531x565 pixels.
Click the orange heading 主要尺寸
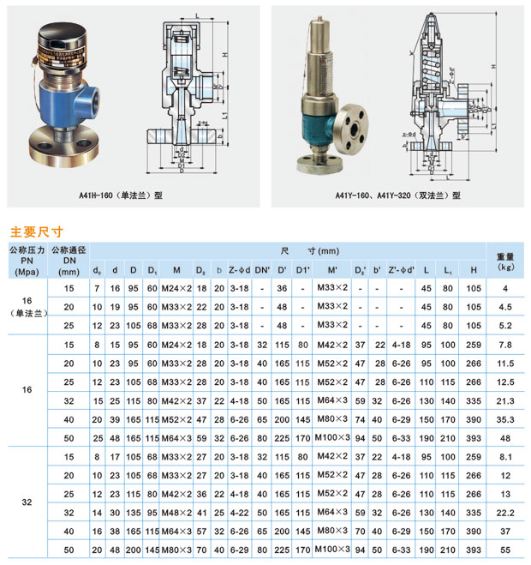pyautogui.click(x=36, y=231)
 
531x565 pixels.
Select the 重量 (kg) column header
pyautogui.click(x=505, y=261)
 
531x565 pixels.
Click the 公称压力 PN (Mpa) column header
pyautogui.click(x=26, y=261)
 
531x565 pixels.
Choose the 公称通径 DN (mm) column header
pyautogui.click(x=69, y=261)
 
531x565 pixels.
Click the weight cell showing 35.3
pyautogui.click(x=505, y=419)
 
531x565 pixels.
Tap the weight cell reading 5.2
pyautogui.click(x=505, y=325)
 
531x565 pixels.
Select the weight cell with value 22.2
pyautogui.click(x=505, y=513)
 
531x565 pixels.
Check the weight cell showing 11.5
pyautogui.click(x=505, y=363)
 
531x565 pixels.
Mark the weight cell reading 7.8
pyautogui.click(x=505, y=344)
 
